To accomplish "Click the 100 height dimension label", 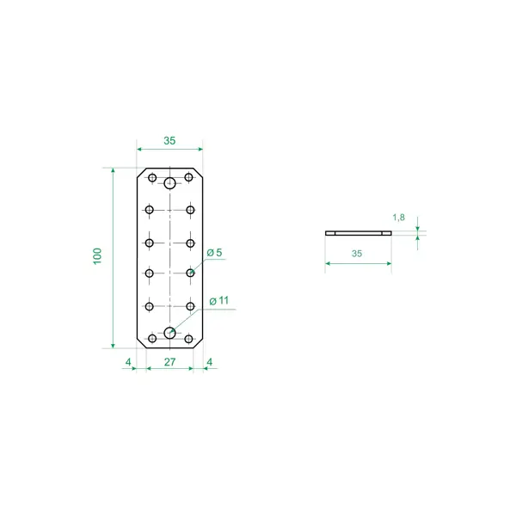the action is [97, 256].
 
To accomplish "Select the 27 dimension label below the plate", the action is [169, 362].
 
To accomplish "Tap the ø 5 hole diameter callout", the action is [214, 253].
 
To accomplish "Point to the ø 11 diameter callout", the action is [218, 300].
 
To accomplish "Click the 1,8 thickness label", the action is [398, 218].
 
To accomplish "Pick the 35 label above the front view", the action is [169, 141].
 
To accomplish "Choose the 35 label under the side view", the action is [357, 254].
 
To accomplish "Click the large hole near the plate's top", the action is [169, 183].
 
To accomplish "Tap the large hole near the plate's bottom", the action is [169, 333].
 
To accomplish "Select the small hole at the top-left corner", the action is [152, 178].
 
